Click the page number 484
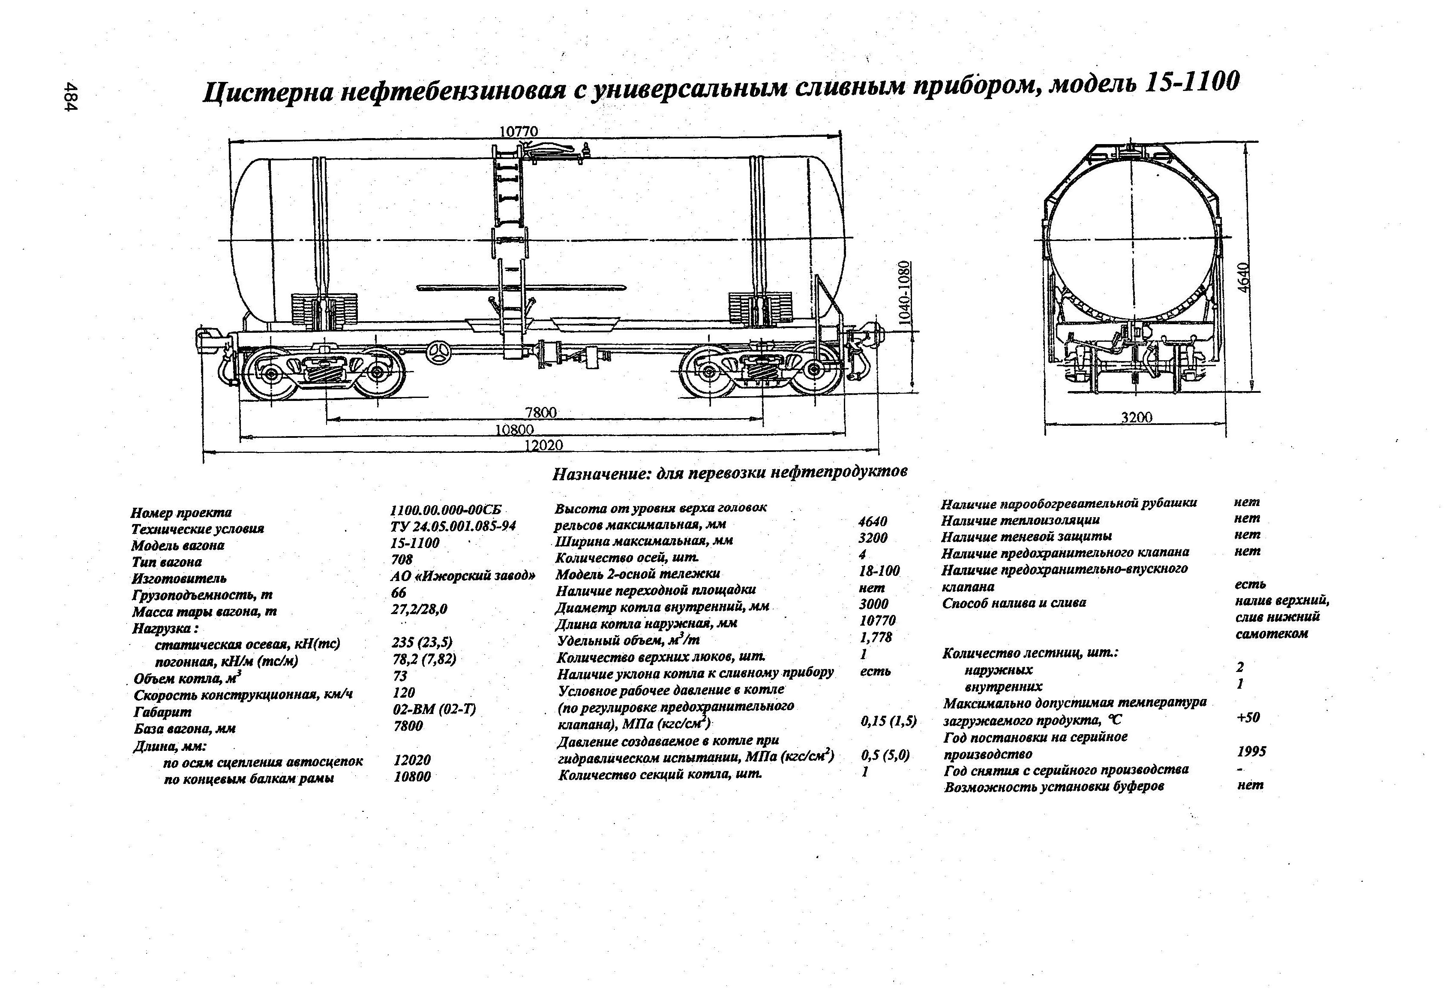71,97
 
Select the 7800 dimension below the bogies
540,413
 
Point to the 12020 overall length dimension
543,445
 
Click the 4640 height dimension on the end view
1244,277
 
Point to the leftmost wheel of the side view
271,374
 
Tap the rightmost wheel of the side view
813,370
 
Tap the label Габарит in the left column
162,712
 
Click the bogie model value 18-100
879,571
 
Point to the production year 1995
1251,751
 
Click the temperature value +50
1248,717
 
